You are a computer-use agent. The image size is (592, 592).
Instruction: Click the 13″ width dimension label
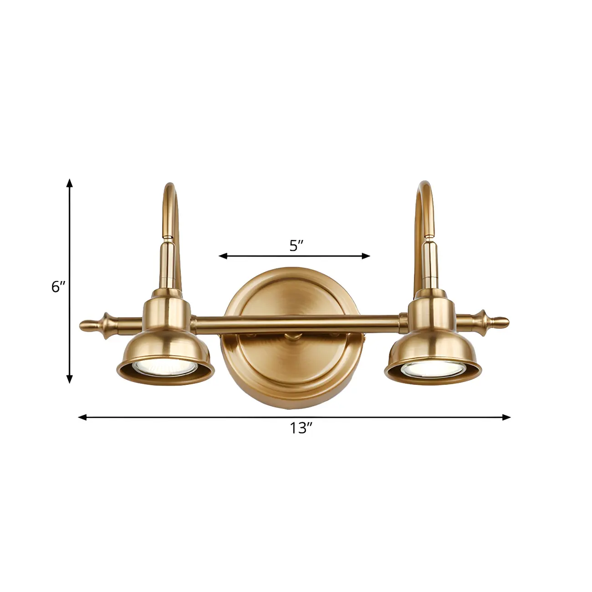301,429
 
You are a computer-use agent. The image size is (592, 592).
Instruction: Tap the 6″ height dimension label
59,287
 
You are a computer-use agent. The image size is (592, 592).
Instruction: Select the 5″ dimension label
296,246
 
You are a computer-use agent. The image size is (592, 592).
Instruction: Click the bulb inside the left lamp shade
164,367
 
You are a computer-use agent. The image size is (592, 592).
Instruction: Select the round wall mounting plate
294,364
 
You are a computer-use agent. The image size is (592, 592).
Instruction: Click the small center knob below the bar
290,337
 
